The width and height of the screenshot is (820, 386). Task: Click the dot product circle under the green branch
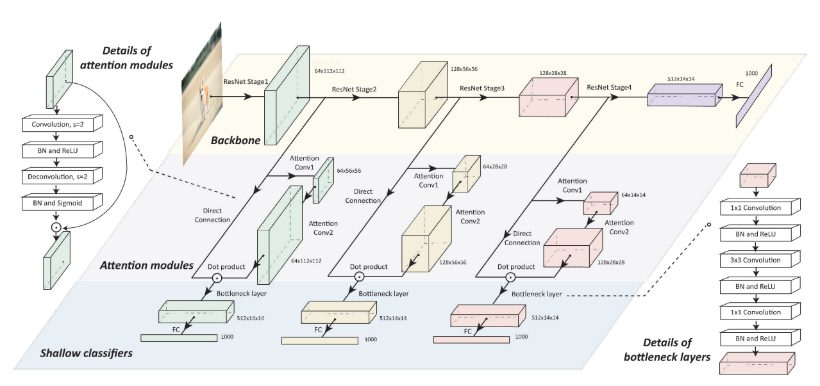tap(217, 278)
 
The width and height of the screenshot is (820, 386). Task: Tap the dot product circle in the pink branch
tap(510, 278)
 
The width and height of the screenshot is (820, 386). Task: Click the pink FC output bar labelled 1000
tap(471, 339)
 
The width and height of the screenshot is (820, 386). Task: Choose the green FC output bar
tap(179, 337)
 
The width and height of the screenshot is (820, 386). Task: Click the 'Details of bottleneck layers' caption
tap(667, 351)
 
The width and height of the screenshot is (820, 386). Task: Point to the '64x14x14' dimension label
tap(634, 194)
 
